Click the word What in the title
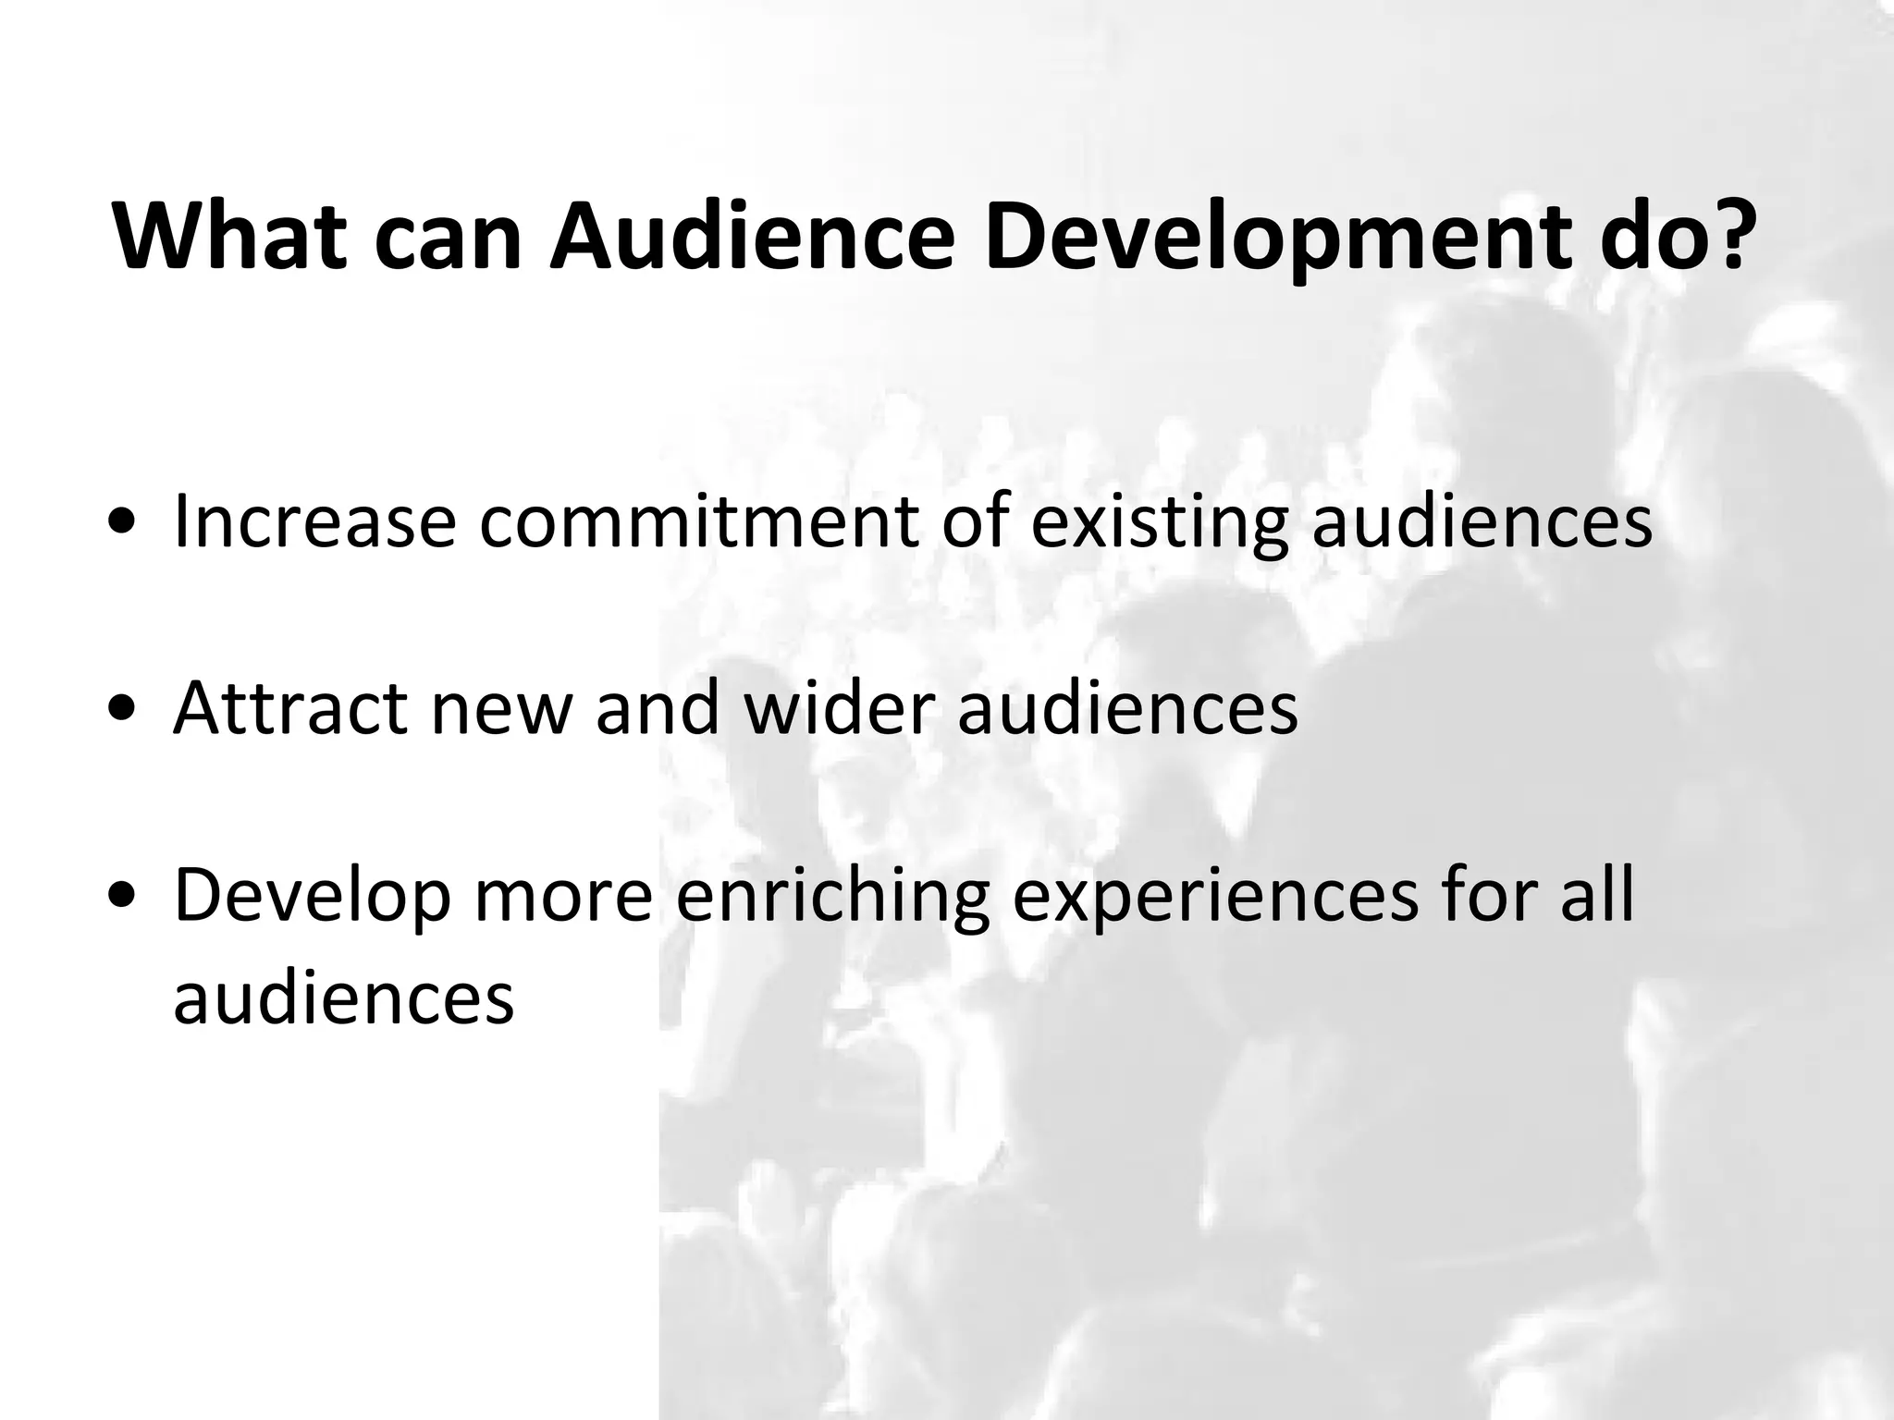click(x=229, y=237)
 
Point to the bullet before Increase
click(x=119, y=523)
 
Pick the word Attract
click(x=290, y=708)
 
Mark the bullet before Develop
click(x=119, y=897)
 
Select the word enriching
click(x=833, y=897)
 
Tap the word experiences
click(x=1214, y=897)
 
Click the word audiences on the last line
click(x=343, y=998)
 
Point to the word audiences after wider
click(x=1127, y=708)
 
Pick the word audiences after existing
click(x=1482, y=521)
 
